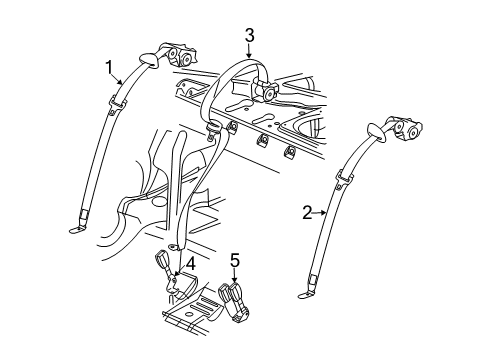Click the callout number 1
pyautogui.click(x=109, y=67)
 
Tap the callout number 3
pyautogui.click(x=249, y=37)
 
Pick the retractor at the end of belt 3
pyautogui.click(x=268, y=93)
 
